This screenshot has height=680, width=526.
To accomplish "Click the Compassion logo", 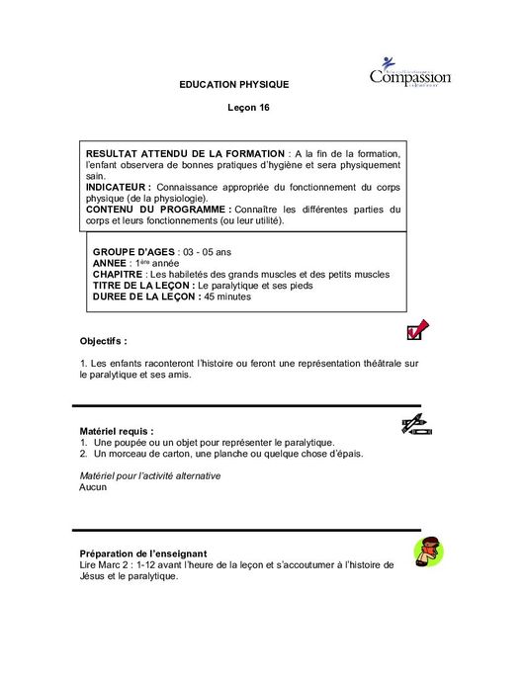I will point(409,73).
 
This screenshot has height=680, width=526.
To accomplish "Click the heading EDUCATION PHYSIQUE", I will point(234,85).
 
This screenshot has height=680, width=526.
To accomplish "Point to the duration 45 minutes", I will point(227,297).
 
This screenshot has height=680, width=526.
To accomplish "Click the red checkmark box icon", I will point(416,329).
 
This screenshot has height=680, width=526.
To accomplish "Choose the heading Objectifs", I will point(103,341).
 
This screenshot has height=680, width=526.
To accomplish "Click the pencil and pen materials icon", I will point(416,426).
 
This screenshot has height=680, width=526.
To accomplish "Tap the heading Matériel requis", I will point(117,431).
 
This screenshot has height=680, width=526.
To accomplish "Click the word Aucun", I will point(92,487).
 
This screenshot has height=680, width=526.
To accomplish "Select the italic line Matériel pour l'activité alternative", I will point(150,475).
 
